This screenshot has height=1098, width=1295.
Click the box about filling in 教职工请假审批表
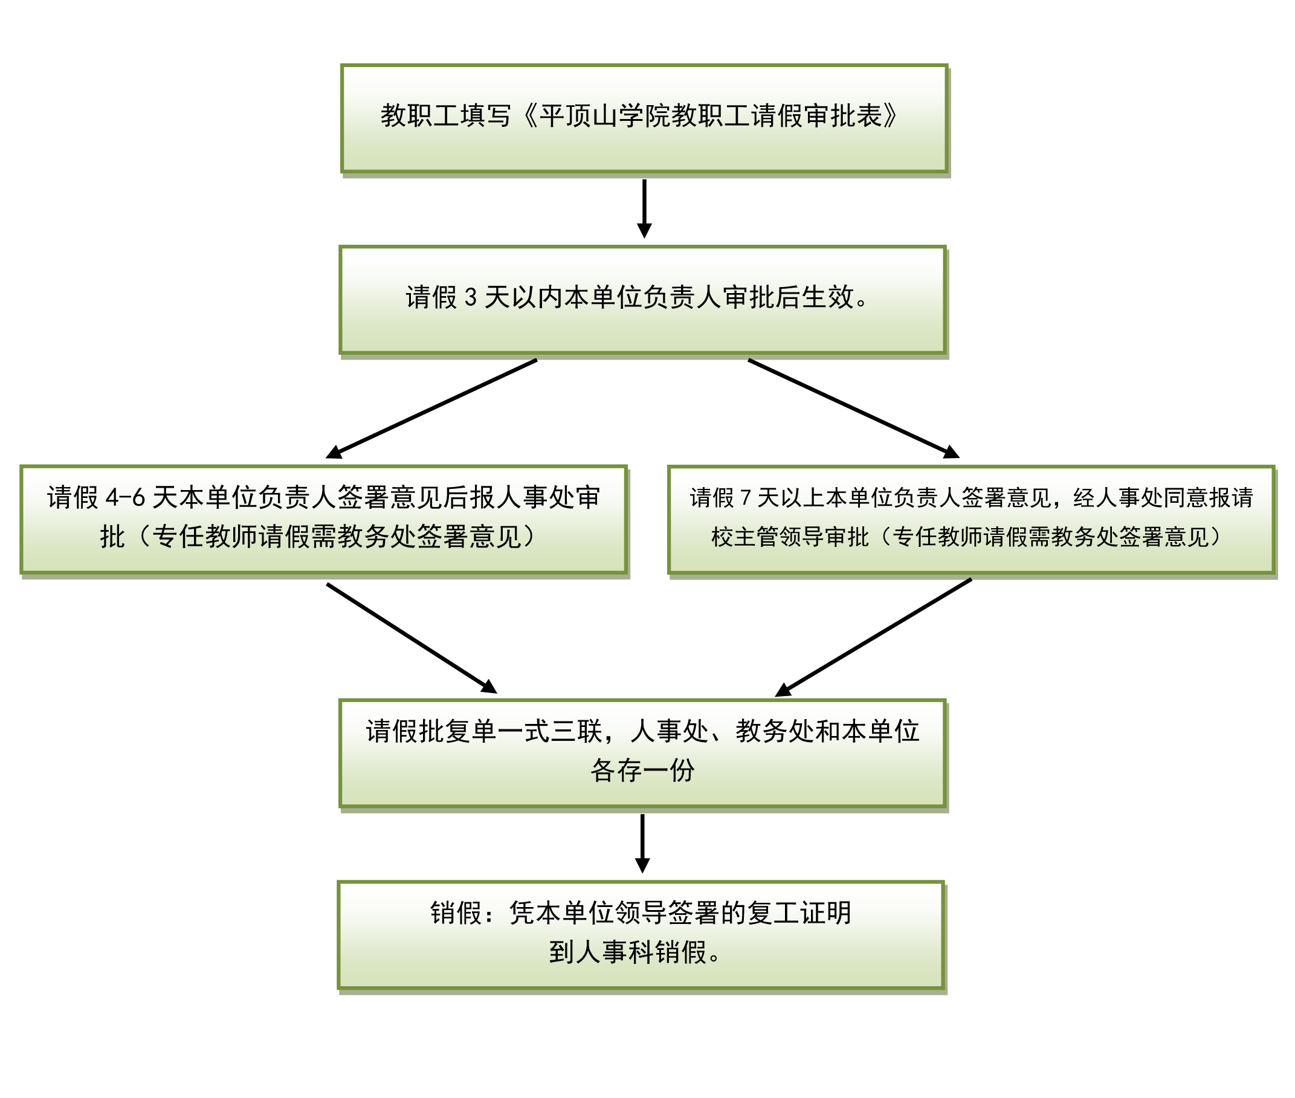644,118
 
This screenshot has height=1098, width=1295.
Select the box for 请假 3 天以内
642,300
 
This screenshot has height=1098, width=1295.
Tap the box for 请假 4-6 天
323,519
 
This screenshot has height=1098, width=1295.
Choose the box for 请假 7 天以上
972,520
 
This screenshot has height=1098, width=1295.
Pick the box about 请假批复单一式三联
642,753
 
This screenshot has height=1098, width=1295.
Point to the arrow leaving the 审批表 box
644,208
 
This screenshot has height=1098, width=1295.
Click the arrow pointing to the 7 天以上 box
853,408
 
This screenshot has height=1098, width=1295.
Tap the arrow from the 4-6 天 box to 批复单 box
411,638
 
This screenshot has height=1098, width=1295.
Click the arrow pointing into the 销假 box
642,844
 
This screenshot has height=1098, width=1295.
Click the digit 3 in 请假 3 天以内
471,297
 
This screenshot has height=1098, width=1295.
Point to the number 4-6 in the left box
125,497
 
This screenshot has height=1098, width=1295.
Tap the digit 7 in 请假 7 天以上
746,497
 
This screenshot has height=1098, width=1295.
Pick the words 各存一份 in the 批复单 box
642,770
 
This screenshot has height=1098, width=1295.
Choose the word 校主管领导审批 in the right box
790,537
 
